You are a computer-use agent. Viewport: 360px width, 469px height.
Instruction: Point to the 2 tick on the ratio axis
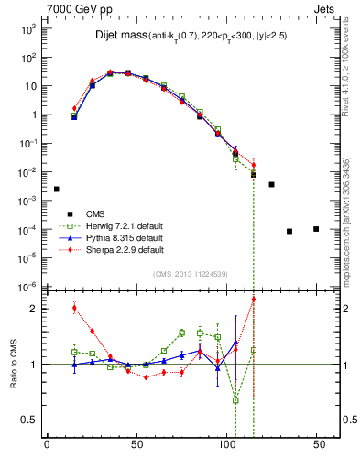pyautogui.click(x=35, y=309)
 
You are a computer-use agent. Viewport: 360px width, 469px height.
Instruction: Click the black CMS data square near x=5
pyautogui.click(x=56, y=189)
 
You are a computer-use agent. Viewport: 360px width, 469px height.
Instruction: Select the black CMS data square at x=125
pyautogui.click(x=271, y=184)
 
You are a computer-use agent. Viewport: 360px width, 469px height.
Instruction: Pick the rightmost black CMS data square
pyautogui.click(x=316, y=229)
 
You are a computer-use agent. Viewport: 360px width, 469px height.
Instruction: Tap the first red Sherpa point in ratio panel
pyautogui.click(x=74, y=308)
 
